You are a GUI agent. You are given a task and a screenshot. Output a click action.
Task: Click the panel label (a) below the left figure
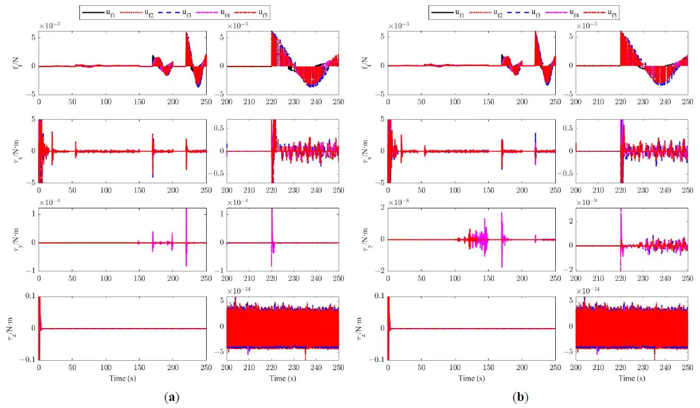[171, 397]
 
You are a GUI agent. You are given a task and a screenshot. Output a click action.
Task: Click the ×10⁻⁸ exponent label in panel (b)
[401, 202]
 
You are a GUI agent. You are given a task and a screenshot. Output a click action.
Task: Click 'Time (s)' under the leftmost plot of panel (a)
[122, 378]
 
